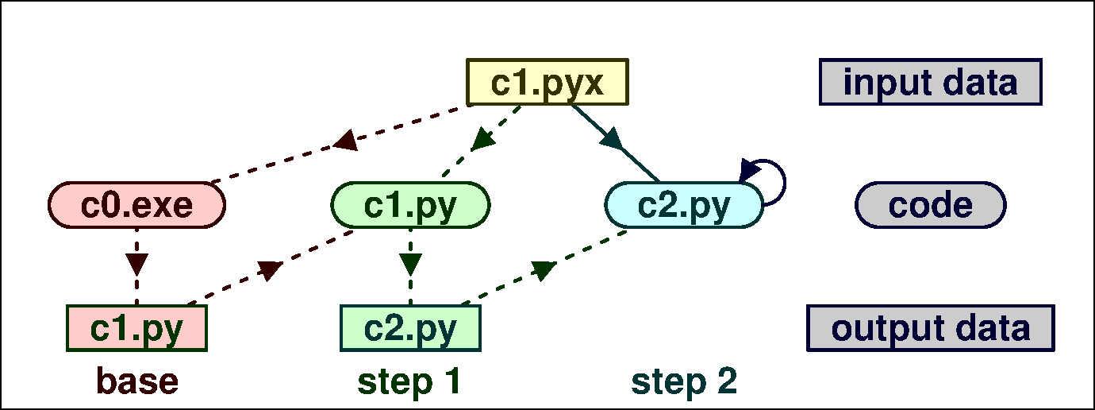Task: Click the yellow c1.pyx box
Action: (x=547, y=82)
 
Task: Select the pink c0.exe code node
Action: (x=137, y=205)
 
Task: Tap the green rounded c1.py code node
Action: (x=410, y=205)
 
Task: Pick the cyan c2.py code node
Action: (x=683, y=205)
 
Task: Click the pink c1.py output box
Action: (x=136, y=327)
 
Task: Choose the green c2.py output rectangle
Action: (x=410, y=327)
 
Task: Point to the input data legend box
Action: (x=930, y=82)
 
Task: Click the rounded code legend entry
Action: (x=930, y=205)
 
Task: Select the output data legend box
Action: (x=930, y=327)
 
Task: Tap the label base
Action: (x=137, y=381)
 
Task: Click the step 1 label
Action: (x=409, y=381)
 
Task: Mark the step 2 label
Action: (x=684, y=381)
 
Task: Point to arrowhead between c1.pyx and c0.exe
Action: (x=345, y=142)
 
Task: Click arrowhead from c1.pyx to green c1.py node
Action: (x=482, y=141)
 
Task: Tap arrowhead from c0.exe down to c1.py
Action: (x=137, y=263)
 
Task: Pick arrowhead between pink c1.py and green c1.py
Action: (x=271, y=270)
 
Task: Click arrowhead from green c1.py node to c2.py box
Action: (x=410, y=263)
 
